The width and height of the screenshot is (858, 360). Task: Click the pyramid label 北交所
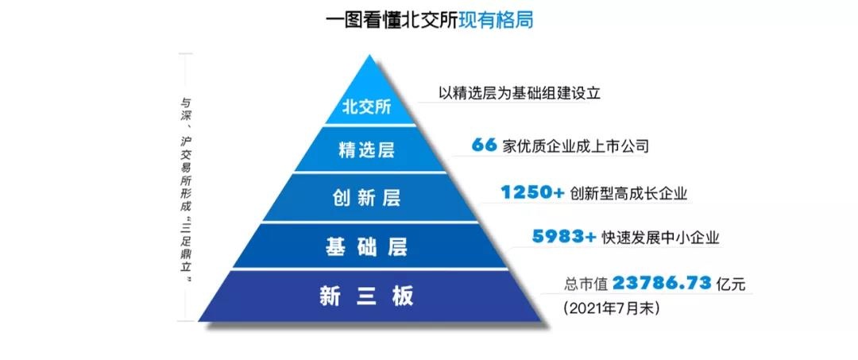pos(366,106)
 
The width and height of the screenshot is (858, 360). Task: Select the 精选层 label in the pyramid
pos(366,150)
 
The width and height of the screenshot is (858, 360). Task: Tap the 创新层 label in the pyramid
pos(366,198)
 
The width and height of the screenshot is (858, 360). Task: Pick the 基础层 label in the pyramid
pos(366,247)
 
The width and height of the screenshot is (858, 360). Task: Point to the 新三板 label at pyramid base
pos(366,296)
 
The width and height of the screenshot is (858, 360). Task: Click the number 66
pos(484,145)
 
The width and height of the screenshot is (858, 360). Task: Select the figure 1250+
pos(532,192)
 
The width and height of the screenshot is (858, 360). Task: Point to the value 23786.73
pos(662,284)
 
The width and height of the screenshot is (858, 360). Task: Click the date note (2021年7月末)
pos(611,308)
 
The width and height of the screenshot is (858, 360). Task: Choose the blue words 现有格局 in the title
pos(497,21)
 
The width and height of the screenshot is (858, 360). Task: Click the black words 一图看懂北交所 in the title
pos(392,21)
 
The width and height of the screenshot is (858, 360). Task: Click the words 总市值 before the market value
pos(586,285)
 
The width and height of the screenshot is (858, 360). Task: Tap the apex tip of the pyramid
pos(370,55)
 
